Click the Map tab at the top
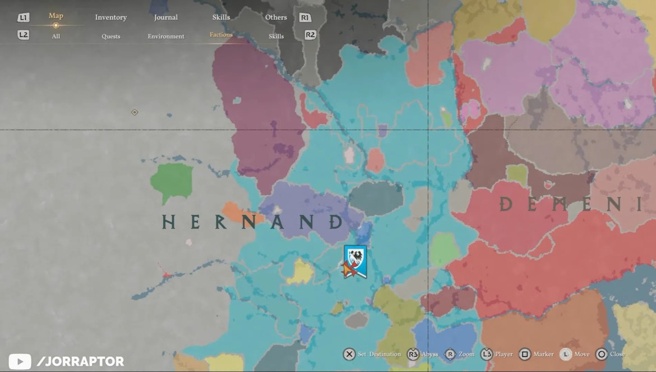tap(56, 16)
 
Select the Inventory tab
tap(110, 17)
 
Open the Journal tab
tap(166, 17)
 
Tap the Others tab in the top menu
tap(276, 17)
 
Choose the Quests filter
tap(110, 36)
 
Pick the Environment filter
tap(166, 36)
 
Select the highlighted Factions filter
tap(221, 35)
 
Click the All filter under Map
tap(56, 36)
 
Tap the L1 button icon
tap(23, 17)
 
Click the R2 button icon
tap(310, 35)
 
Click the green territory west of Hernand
tap(171, 182)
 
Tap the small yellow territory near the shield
tap(302, 272)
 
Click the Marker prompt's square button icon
tap(525, 355)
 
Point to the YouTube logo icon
tap(20, 361)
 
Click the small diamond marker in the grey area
tap(135, 112)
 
